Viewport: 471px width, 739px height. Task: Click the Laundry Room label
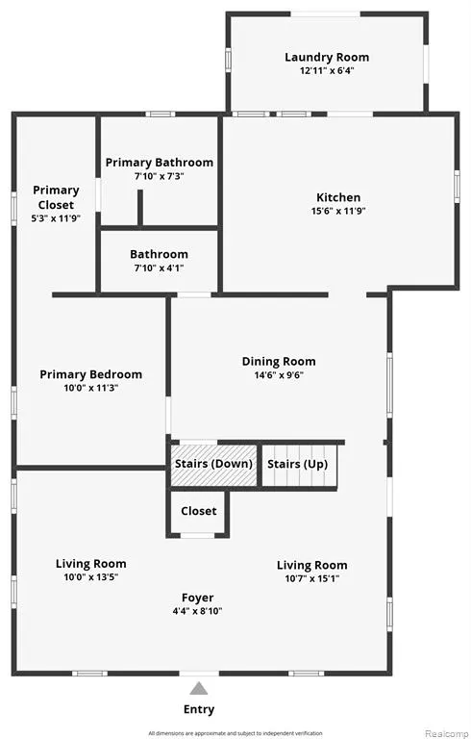coord(327,58)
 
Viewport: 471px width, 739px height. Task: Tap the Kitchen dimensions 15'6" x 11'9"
coord(338,211)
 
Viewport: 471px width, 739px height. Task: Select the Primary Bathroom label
coord(160,163)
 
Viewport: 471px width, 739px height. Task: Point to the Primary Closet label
coord(56,197)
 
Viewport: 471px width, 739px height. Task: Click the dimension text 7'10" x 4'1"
coord(160,268)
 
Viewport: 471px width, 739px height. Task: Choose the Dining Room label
coord(279,362)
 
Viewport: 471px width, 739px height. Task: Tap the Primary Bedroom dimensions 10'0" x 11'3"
coord(91,389)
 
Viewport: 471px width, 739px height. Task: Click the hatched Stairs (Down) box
coord(213,466)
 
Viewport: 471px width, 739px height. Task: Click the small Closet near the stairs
coord(198,512)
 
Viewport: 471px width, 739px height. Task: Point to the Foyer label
coord(198,598)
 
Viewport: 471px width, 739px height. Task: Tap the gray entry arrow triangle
coord(199,689)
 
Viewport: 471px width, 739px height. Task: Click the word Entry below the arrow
coord(199,709)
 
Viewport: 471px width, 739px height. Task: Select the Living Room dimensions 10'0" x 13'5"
coord(91,577)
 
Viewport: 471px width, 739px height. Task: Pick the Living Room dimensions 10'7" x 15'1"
coord(312,578)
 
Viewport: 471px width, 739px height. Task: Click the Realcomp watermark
coord(447,733)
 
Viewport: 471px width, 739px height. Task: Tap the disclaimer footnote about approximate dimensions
coord(235,733)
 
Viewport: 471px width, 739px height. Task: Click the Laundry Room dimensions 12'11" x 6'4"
coord(327,71)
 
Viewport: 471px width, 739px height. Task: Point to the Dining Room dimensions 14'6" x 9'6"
coord(279,375)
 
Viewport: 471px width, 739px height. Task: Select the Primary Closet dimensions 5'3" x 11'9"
coord(56,218)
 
